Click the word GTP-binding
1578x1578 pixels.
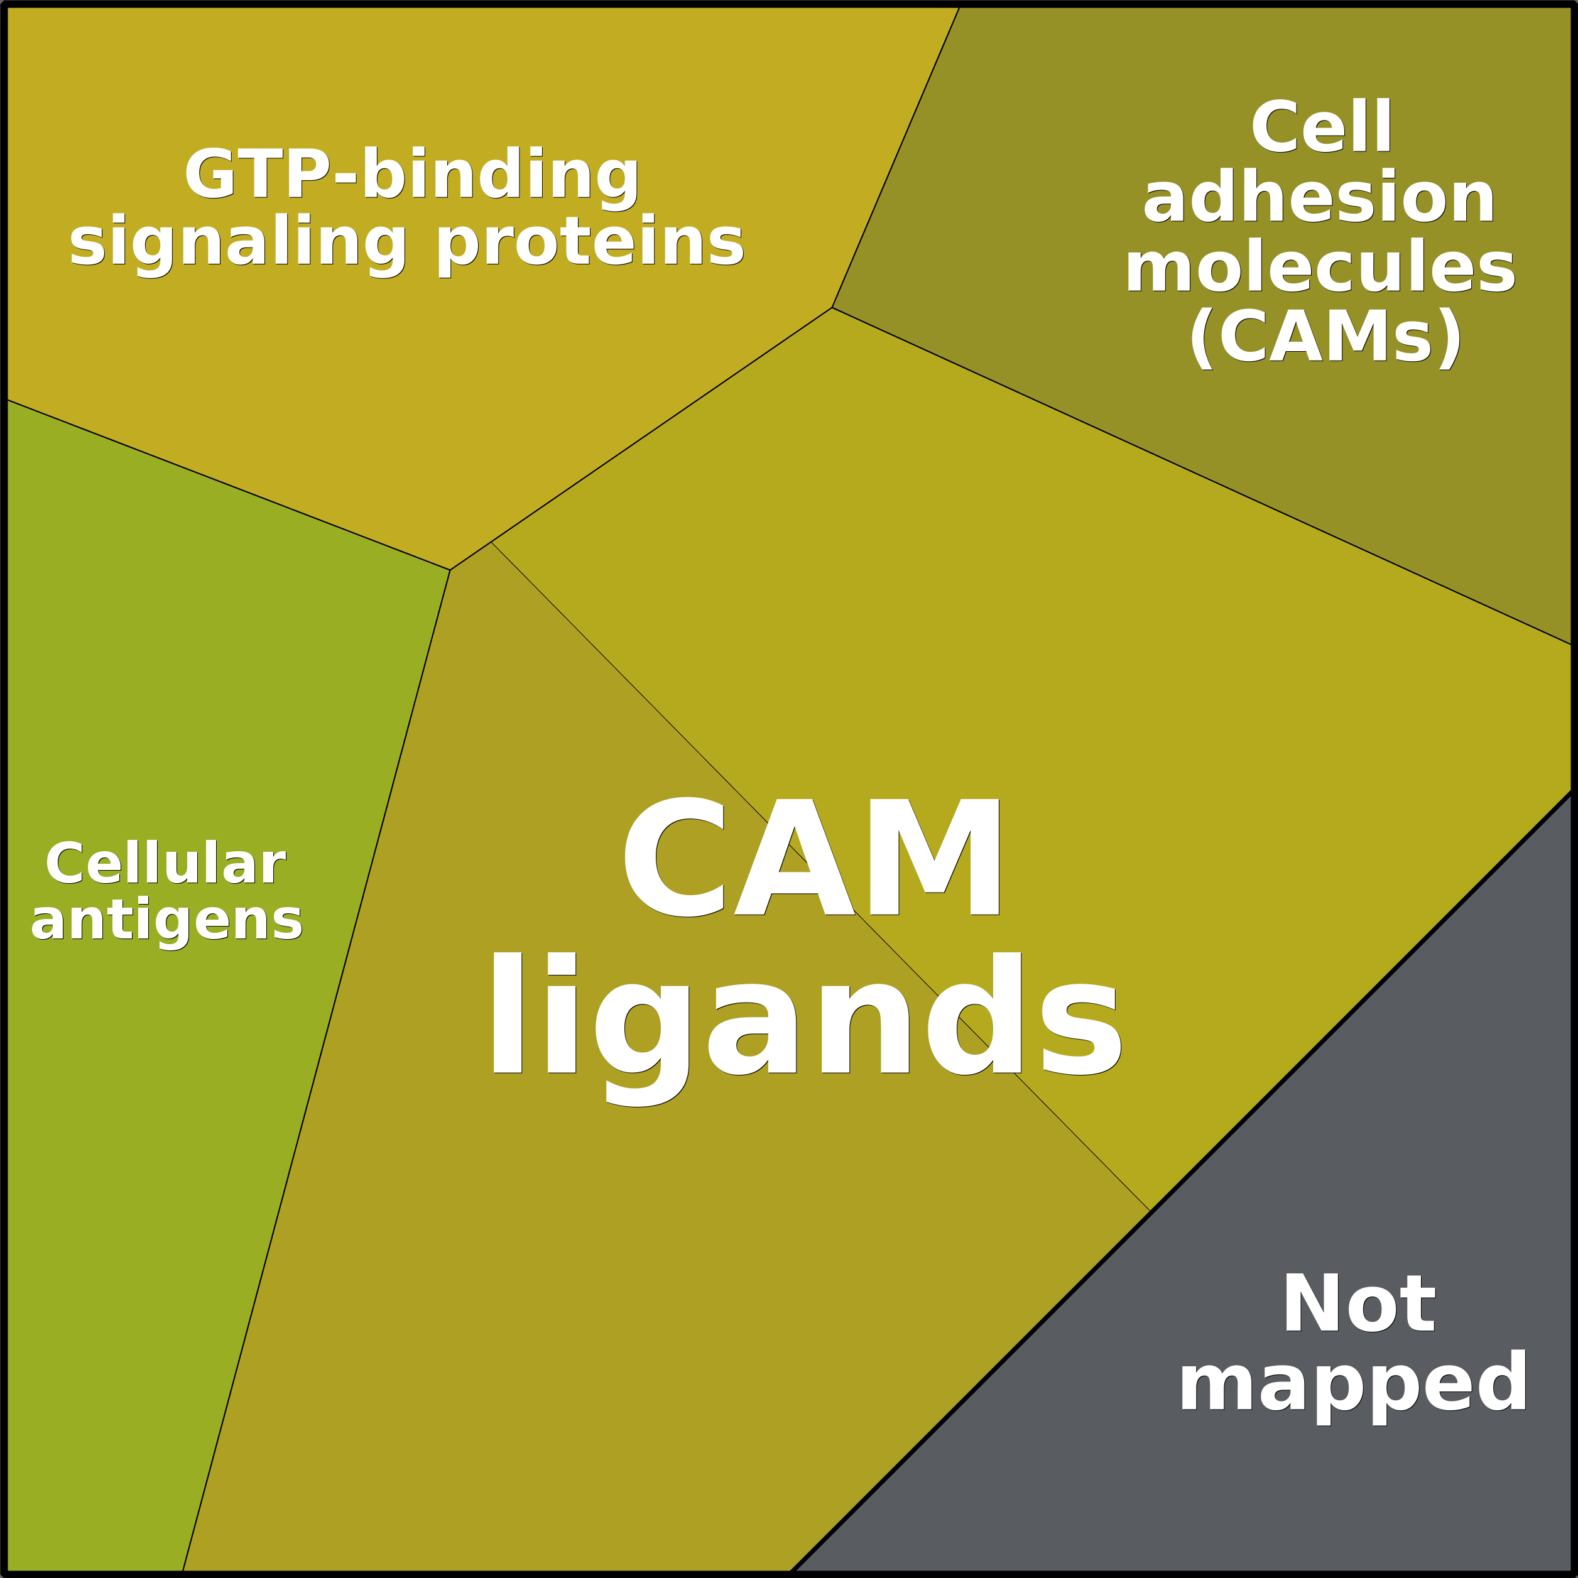[x=411, y=174]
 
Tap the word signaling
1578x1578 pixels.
[x=237, y=242]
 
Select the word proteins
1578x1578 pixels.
[x=590, y=242]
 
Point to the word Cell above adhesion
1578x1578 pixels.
[x=1320, y=127]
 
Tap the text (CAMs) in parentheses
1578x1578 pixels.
[x=1324, y=337]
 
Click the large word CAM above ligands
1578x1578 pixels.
[x=811, y=859]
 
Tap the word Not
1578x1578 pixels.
[x=1358, y=1304]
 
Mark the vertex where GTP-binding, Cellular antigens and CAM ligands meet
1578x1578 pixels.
[x=450, y=570]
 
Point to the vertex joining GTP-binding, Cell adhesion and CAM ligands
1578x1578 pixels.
[x=832, y=308]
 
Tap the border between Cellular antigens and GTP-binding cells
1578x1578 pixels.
[x=229, y=485]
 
